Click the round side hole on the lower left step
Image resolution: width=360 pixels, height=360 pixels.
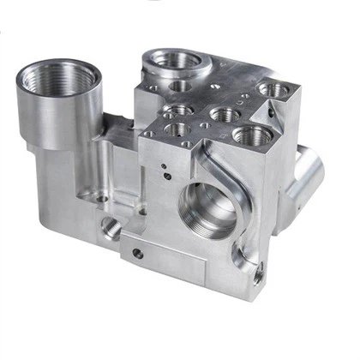(x=110, y=227)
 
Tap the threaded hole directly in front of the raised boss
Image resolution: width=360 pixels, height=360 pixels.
(x=179, y=86)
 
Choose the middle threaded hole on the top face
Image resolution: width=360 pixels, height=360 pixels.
(x=223, y=114)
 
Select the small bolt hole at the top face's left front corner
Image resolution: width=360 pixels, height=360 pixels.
(x=153, y=137)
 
